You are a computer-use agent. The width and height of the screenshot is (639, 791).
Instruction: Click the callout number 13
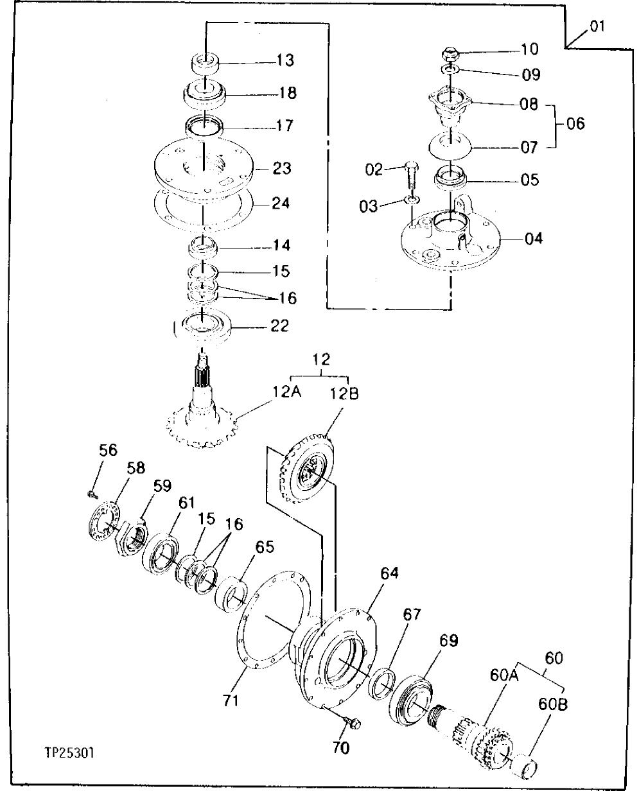(286, 60)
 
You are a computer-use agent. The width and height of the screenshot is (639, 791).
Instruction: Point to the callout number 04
(533, 239)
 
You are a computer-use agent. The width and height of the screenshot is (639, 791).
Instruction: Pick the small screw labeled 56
(92, 493)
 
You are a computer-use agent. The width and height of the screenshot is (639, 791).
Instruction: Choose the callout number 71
(231, 699)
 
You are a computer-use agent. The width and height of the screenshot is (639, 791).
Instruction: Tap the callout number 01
(597, 28)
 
